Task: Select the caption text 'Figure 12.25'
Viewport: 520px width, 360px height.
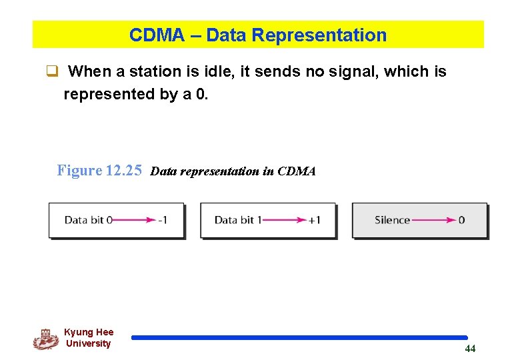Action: [99, 171]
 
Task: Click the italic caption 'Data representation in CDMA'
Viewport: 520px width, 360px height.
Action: [233, 171]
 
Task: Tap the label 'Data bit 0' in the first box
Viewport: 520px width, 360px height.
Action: [88, 220]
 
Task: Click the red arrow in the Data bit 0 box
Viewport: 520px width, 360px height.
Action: [133, 220]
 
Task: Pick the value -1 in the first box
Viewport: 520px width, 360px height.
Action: [162, 220]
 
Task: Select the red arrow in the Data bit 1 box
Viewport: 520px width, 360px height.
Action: [283, 220]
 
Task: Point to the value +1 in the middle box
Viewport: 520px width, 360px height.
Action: [314, 220]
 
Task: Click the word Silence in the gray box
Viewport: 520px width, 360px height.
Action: [392, 220]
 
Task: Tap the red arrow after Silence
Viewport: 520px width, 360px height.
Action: [433, 220]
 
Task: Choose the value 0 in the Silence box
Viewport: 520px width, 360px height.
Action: [462, 220]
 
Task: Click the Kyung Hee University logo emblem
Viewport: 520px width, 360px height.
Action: [45, 339]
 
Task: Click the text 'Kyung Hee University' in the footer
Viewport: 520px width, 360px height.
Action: [89, 338]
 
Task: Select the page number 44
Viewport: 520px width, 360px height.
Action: [470, 349]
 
